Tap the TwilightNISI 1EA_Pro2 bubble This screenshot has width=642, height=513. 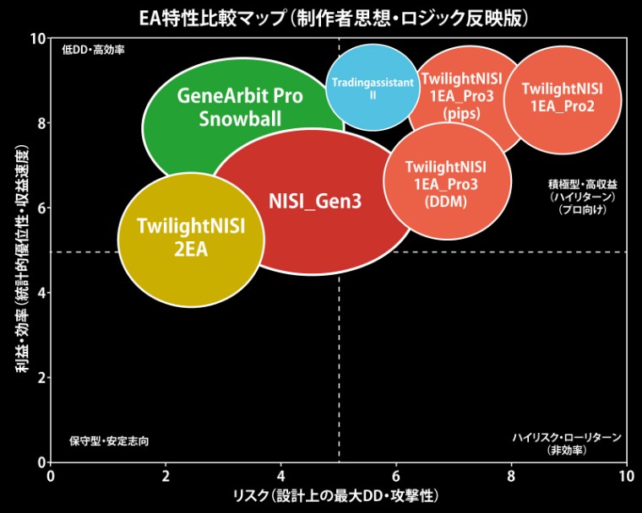coord(562,98)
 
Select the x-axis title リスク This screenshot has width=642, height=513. coord(337,494)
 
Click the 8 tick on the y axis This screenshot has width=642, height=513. coord(39,123)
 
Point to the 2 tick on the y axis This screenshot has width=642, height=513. coord(39,378)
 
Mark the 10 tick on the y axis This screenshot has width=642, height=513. coord(36,39)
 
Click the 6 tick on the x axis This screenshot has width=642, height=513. coord(395,477)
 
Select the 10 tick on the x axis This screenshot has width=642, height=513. coord(625,477)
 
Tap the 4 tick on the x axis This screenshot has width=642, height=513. coord(280,477)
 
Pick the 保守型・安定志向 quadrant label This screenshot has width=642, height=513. coord(110,441)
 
